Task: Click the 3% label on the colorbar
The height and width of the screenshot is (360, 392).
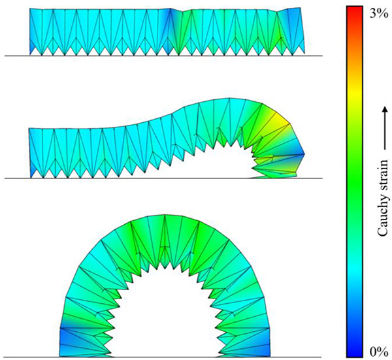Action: pos(378,14)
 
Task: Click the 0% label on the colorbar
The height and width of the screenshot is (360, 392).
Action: pos(378,352)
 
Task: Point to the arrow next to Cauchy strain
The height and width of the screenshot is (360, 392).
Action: pos(385,128)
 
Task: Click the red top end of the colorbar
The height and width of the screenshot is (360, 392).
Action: pos(355,10)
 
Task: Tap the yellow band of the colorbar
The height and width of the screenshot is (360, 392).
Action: pos(355,93)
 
